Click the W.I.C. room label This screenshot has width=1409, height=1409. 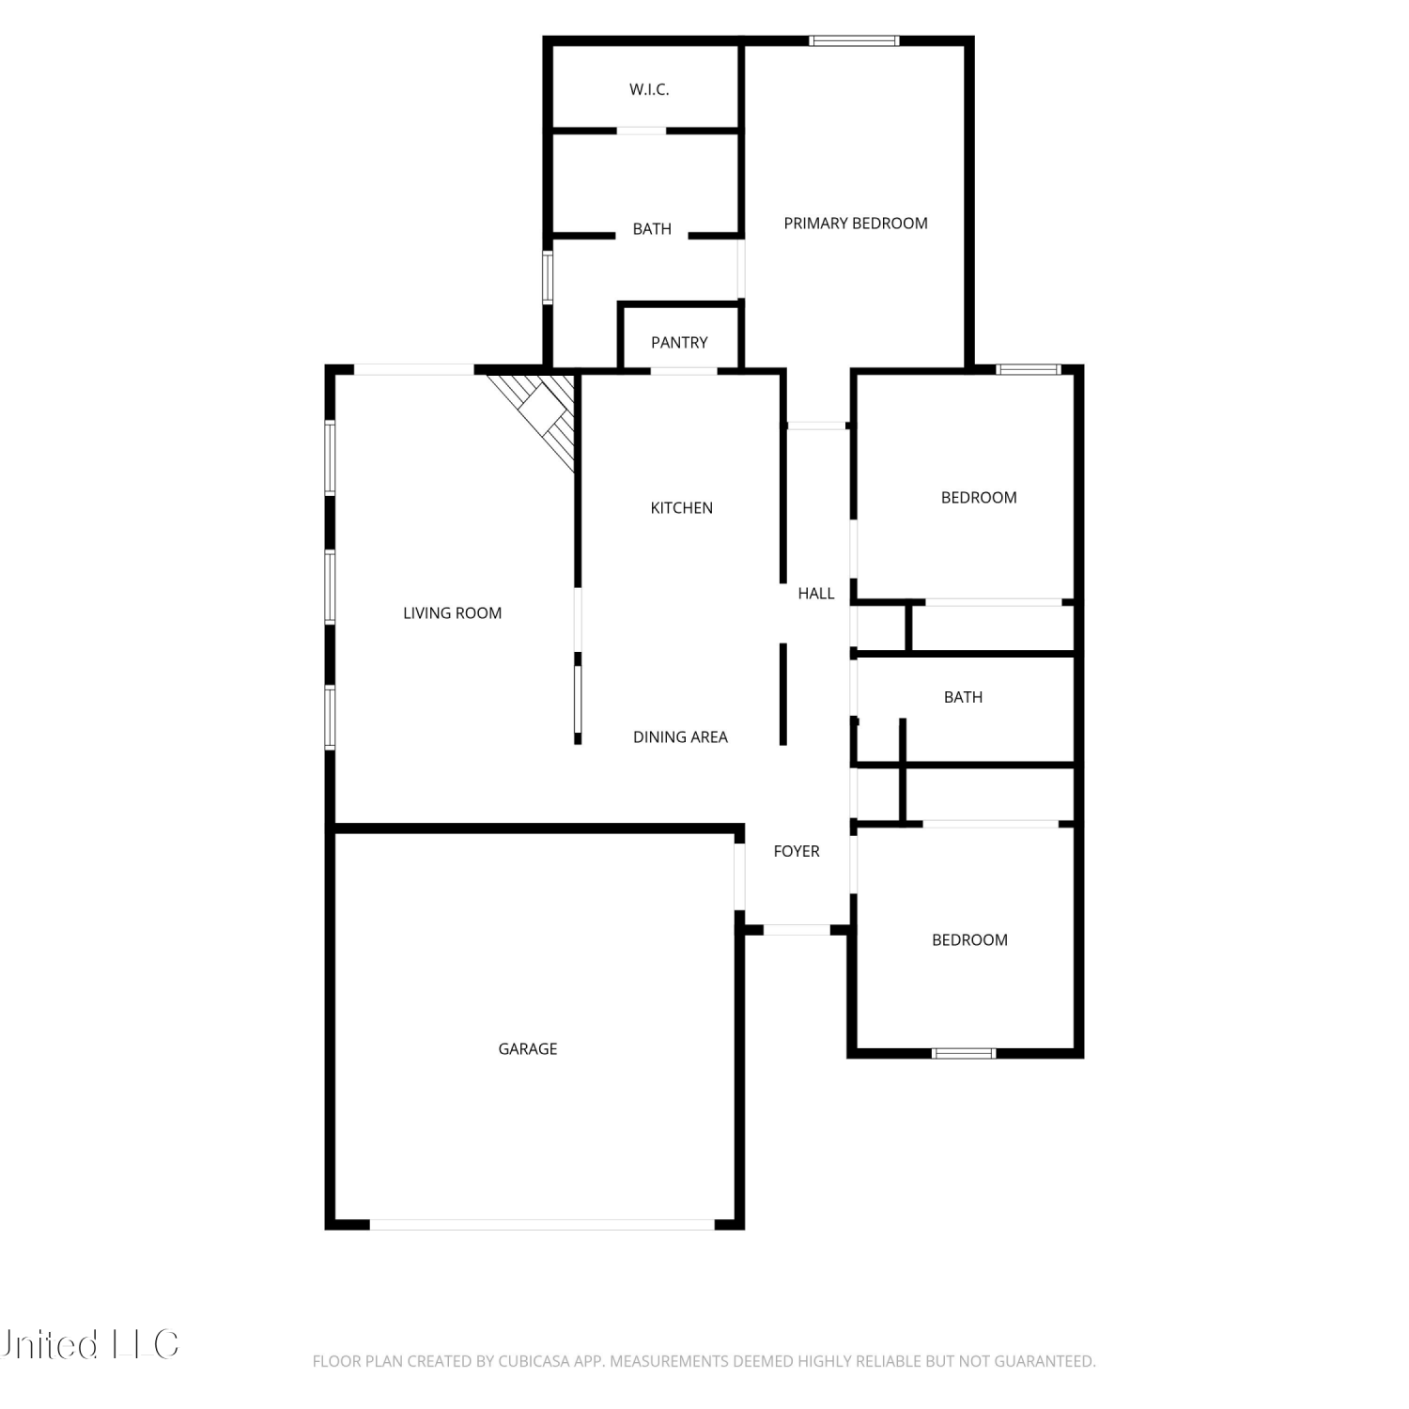649,90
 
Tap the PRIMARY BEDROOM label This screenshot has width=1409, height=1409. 856,224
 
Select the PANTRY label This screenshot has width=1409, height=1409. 679,343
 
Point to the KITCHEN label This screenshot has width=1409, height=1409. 682,508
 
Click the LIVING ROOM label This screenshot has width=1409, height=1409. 453,613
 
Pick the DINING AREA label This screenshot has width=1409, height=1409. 680,737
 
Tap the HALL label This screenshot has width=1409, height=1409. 816,594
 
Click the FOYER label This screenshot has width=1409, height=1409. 797,852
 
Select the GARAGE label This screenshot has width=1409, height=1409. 528,1049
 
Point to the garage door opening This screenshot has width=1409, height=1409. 543,1225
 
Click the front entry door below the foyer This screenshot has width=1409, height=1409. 797,930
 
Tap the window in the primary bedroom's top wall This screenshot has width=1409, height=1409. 855,40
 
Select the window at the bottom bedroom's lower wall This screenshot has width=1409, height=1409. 964,1053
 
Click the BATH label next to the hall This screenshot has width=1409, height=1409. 964,698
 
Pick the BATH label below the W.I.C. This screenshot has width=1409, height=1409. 652,229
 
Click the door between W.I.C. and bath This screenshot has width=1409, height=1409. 642,131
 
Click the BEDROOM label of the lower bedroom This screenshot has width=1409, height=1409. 969,940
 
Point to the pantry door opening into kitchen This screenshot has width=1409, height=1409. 684,371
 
